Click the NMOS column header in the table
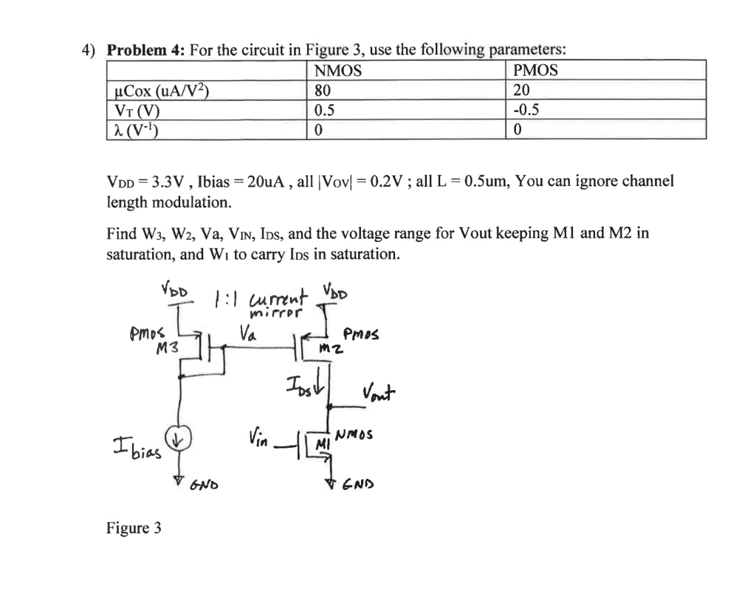coord(338,71)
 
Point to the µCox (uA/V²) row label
coord(159,92)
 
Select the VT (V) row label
coord(139,111)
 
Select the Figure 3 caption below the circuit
coord(134,527)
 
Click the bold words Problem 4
coord(145,51)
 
